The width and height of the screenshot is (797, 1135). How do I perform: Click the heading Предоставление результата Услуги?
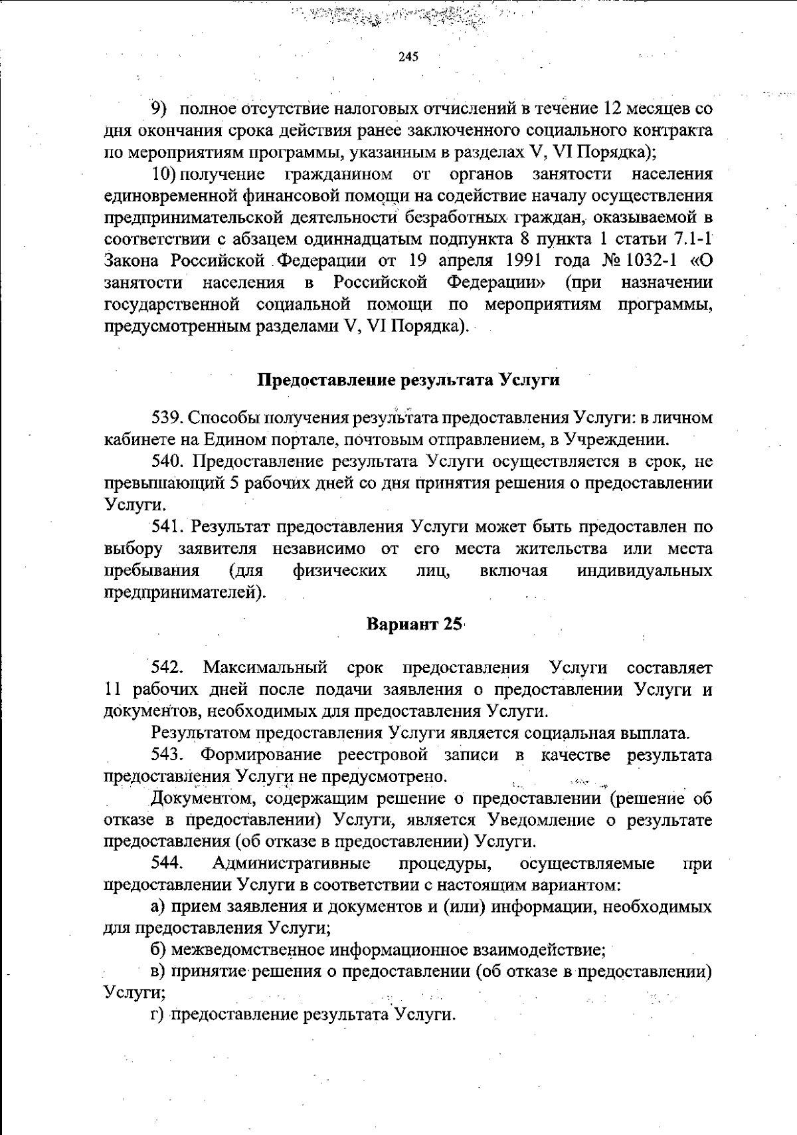coord(408,380)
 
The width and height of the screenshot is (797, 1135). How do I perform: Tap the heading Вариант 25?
coord(414,625)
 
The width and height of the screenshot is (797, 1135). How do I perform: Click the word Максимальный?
coord(265,667)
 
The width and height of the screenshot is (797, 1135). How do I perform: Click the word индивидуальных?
coord(644,571)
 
